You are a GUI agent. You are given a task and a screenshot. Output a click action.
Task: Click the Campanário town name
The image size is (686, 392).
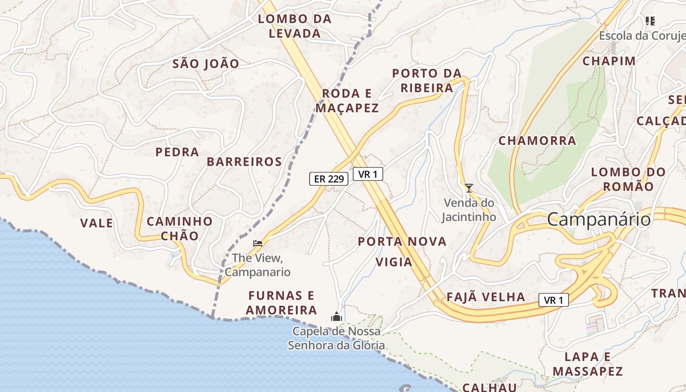pyautogui.click(x=599, y=219)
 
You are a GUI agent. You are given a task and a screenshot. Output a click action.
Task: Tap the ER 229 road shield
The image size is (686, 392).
pyautogui.click(x=328, y=179)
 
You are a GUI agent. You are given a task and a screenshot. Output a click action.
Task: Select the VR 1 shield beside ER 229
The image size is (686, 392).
pyautogui.click(x=367, y=174)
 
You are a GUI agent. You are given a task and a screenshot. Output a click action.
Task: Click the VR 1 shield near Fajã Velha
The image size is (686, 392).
pyautogui.click(x=554, y=300)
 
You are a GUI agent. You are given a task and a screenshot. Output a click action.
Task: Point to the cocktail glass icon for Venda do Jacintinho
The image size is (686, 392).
pyautogui.click(x=469, y=188)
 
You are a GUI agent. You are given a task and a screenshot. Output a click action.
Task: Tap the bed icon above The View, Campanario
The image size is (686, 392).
pyautogui.click(x=258, y=243)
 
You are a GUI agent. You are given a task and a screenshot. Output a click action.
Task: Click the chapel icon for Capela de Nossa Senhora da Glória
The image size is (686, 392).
pyautogui.click(x=336, y=317)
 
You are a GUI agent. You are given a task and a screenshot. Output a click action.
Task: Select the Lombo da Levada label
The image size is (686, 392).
pyautogui.click(x=295, y=26)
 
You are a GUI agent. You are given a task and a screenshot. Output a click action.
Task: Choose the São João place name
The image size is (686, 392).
pyautogui.click(x=206, y=64)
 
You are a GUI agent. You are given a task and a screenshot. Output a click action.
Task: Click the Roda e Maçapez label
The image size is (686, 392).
pyautogui.click(x=347, y=101)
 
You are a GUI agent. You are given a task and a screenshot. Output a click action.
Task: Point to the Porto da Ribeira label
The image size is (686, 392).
pyautogui.click(x=427, y=81)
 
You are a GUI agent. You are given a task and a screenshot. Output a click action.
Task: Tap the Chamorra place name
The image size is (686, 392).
pyautogui.click(x=537, y=141)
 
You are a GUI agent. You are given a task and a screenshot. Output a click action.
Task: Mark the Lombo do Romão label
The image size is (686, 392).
pyautogui.click(x=628, y=179)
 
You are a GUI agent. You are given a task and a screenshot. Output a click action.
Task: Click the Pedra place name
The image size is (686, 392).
pyautogui.click(x=177, y=152)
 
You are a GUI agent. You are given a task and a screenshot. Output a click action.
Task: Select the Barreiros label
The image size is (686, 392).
pyautogui.click(x=244, y=162)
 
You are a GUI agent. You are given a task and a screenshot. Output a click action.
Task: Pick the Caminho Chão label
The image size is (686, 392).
pyautogui.click(x=179, y=228)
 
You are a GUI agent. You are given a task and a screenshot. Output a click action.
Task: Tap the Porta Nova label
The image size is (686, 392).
pyautogui.click(x=402, y=241)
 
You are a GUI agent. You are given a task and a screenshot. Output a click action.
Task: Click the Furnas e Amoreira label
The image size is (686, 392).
pyautogui.click(x=281, y=303)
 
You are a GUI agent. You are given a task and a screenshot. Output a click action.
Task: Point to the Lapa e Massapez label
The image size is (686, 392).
pyautogui.click(x=588, y=364)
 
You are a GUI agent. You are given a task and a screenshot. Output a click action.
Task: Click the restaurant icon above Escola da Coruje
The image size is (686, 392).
pyautogui.click(x=650, y=21)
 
